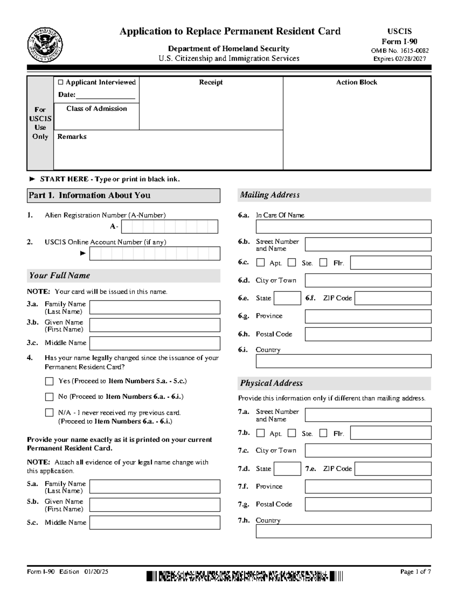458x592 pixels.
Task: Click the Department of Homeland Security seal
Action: (x=45, y=45)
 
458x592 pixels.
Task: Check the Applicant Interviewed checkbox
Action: (x=61, y=82)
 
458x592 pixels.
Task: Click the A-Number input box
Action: (x=169, y=226)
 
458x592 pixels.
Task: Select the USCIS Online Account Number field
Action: (x=155, y=253)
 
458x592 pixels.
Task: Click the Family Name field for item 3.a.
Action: (x=155, y=307)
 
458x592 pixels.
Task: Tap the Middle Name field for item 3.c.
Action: (x=155, y=343)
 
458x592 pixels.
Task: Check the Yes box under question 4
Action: (x=49, y=381)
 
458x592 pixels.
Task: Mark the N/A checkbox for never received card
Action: (x=49, y=413)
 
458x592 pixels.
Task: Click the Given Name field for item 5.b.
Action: (x=155, y=505)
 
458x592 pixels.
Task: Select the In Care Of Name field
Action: (x=343, y=226)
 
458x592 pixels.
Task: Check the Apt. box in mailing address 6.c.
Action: (x=261, y=263)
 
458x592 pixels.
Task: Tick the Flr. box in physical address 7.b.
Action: (x=323, y=433)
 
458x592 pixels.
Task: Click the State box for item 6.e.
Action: (x=287, y=298)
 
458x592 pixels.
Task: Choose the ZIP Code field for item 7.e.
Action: (x=393, y=468)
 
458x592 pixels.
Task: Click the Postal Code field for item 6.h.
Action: (x=368, y=334)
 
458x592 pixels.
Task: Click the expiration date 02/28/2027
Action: (x=399, y=59)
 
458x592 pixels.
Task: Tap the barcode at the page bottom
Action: (x=244, y=576)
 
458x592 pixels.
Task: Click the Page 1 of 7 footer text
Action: (x=415, y=571)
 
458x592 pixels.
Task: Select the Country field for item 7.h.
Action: (x=343, y=531)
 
